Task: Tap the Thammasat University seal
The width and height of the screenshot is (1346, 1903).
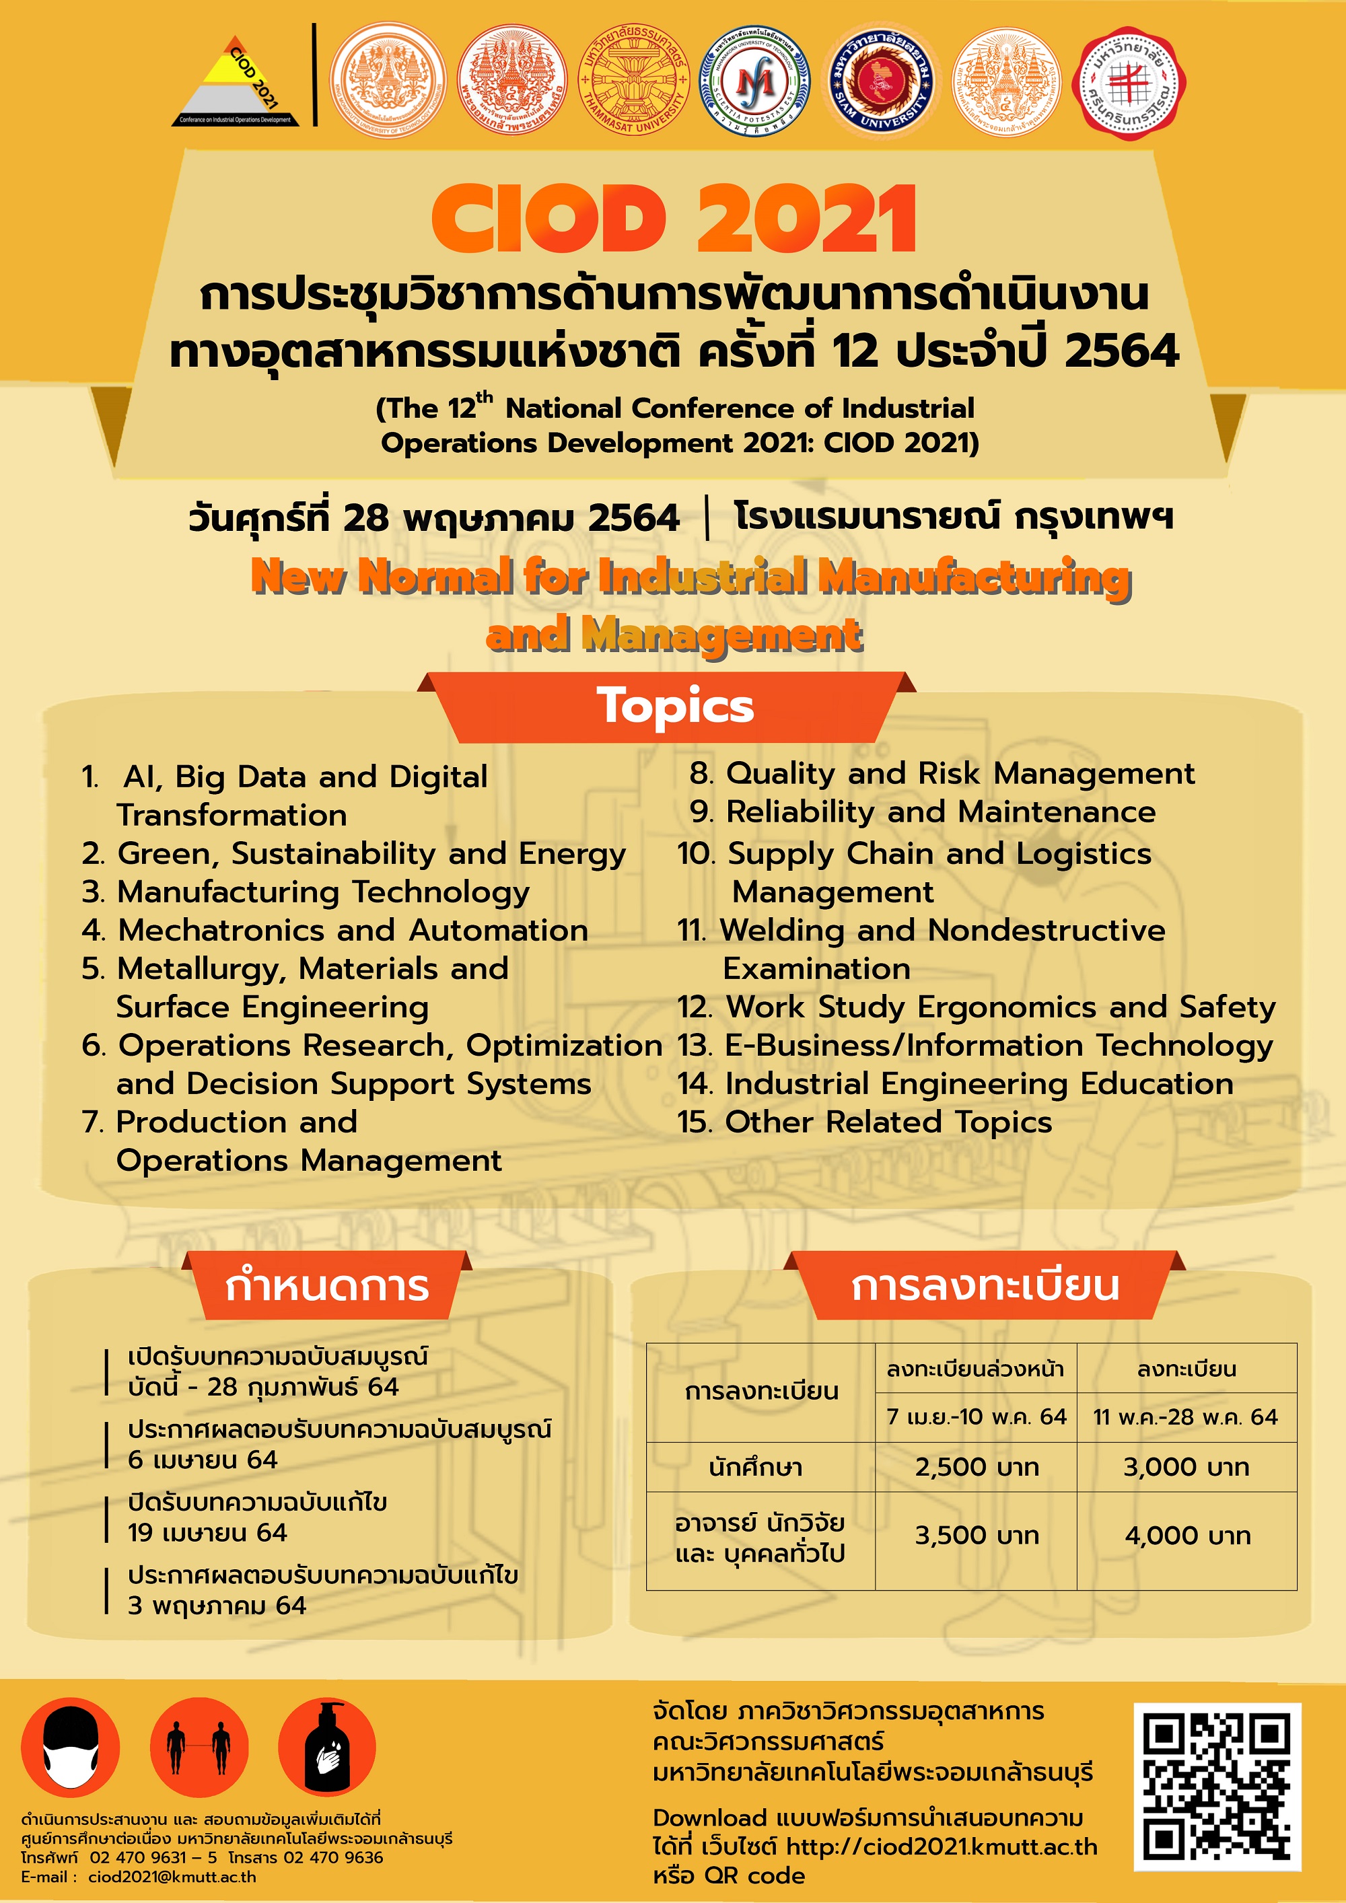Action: click(635, 80)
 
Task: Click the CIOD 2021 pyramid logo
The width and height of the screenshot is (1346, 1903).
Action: click(236, 83)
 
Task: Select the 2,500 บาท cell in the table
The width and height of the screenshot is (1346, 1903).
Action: click(977, 1467)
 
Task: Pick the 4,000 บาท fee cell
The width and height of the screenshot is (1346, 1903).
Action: click(1187, 1536)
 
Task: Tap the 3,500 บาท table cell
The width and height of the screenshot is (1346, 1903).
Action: click(977, 1536)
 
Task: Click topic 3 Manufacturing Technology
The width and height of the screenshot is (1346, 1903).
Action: click(307, 892)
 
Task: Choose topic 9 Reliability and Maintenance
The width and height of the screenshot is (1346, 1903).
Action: click(923, 812)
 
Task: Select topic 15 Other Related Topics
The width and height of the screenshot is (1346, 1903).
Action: click(864, 1122)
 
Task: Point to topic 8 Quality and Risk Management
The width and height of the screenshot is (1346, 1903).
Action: click(942, 773)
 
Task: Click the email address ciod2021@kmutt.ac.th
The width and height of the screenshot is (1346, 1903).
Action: click(172, 1877)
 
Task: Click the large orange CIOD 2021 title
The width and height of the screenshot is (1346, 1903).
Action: click(674, 219)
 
